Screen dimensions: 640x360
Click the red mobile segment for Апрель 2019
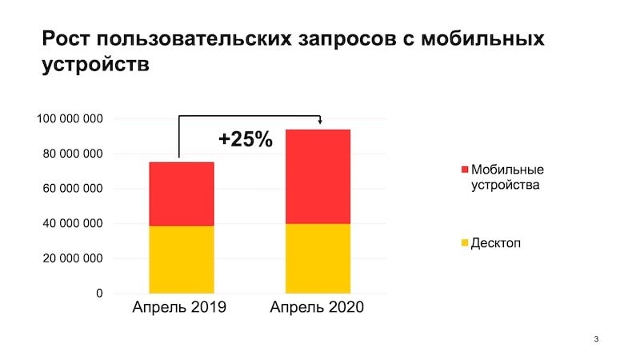182,194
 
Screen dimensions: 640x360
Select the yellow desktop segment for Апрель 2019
182,259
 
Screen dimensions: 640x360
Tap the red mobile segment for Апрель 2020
318,176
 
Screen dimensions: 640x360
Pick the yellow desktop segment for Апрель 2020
318,258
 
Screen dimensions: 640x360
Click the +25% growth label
246,139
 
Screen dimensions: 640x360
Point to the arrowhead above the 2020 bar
320,122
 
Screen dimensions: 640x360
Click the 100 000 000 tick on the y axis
70,118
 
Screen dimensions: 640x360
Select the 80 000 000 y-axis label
73,154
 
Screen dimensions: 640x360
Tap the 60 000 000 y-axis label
73,189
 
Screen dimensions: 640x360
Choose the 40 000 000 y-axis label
73,224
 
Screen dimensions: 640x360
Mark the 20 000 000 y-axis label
73,258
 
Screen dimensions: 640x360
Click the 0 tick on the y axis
99,293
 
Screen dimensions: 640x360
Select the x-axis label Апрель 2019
179,307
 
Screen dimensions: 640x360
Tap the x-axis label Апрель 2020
317,307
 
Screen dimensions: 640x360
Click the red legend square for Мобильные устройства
465,170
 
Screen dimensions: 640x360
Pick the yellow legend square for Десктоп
465,243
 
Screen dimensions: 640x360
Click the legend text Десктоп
496,243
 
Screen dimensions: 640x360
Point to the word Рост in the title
66,38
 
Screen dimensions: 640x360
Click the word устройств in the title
95,65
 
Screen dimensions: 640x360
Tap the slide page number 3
596,338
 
